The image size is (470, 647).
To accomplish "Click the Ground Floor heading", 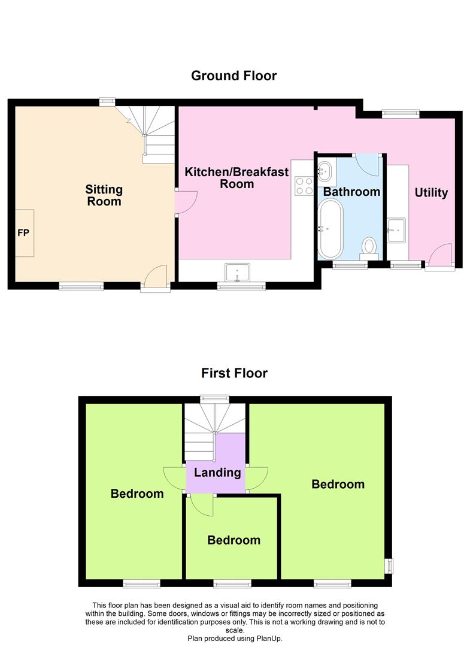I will [234, 76].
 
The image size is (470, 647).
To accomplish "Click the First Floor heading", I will [234, 373].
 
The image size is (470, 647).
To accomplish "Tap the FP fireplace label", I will [23, 232].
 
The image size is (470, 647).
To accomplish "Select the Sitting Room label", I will [104, 195].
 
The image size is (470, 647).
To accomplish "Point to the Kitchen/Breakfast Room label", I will [236, 178].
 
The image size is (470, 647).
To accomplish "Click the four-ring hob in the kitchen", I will [304, 186].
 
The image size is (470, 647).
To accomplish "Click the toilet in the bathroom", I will [369, 246].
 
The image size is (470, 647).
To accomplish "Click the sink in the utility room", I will [396, 228].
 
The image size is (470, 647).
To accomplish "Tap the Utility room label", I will [431, 192].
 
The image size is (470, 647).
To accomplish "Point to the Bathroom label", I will [351, 192].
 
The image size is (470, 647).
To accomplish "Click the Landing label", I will [217, 472].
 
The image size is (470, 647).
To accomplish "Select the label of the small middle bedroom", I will [234, 540].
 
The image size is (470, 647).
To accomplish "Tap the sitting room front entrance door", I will [154, 279].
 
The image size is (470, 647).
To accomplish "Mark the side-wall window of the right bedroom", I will [389, 565].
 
